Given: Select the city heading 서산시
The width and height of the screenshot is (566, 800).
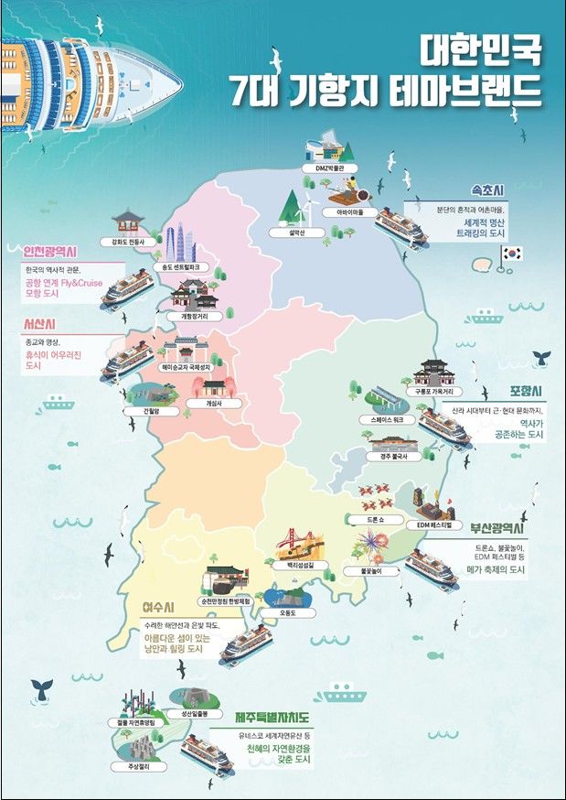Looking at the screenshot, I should tap(42, 323).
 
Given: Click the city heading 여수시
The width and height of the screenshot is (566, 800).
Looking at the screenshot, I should tap(161, 608).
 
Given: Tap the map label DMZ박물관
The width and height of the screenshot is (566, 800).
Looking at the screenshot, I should tap(326, 168).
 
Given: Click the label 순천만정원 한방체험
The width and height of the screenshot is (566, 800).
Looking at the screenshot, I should tap(231, 600).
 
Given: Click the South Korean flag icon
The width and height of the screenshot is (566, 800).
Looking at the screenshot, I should tap(510, 254).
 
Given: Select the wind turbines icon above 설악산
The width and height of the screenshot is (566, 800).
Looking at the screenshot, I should tap(294, 209).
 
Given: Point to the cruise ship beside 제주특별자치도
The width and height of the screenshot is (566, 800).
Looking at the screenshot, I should tap(206, 754).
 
